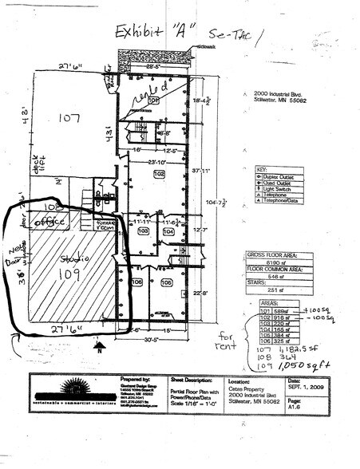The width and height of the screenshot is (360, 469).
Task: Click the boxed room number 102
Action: tap(159, 173)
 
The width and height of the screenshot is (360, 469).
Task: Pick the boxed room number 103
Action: tap(144, 231)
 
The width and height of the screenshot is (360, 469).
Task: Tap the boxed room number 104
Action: tap(168, 231)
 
